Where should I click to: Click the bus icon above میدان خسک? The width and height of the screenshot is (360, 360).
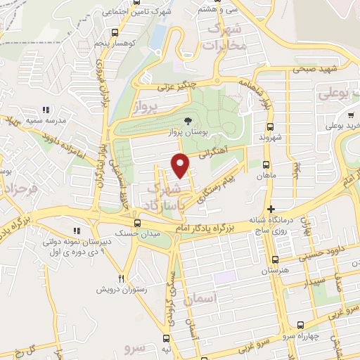pyautogui.click(x=137, y=223)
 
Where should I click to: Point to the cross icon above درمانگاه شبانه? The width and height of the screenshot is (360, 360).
pyautogui.click(x=271, y=209)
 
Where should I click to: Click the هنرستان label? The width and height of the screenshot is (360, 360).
pyautogui.click(x=275, y=271)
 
